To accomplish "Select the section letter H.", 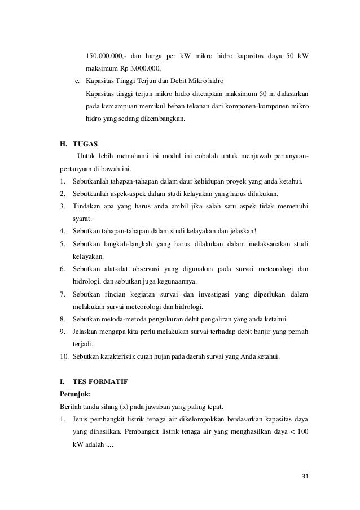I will [x=63, y=144].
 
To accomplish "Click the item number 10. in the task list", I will [x=65, y=357].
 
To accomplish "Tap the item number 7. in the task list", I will [x=63, y=294].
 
